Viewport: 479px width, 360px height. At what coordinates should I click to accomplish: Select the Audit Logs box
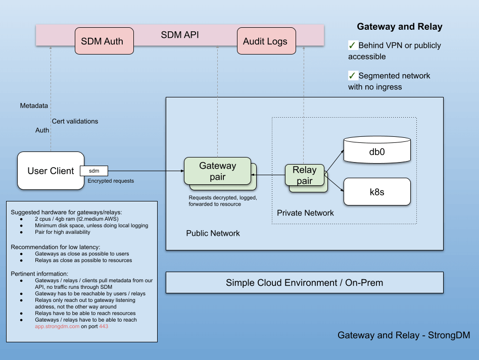[x=265, y=41]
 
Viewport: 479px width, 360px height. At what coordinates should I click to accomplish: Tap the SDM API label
[x=179, y=35]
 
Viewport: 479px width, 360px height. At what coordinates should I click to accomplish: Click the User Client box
[x=51, y=171]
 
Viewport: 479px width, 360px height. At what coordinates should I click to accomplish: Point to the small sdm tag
[x=94, y=172]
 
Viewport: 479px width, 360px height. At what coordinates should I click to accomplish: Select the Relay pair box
[x=304, y=175]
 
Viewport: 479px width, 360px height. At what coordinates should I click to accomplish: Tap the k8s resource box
[x=376, y=192]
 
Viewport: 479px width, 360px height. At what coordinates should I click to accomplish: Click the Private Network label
[x=305, y=213]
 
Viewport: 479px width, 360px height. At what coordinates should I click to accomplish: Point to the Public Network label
[x=213, y=233]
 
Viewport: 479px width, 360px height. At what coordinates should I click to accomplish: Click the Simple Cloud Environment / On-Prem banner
[x=304, y=283]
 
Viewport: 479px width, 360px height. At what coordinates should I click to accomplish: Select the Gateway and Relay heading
[x=399, y=27]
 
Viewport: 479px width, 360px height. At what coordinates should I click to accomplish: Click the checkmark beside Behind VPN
[x=352, y=45]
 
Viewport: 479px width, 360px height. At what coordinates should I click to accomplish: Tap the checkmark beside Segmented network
[x=352, y=75]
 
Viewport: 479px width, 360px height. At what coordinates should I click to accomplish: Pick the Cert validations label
[x=75, y=121]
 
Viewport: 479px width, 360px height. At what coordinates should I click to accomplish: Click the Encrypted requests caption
[x=111, y=181]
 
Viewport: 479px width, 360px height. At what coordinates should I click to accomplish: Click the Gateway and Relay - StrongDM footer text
[x=404, y=335]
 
